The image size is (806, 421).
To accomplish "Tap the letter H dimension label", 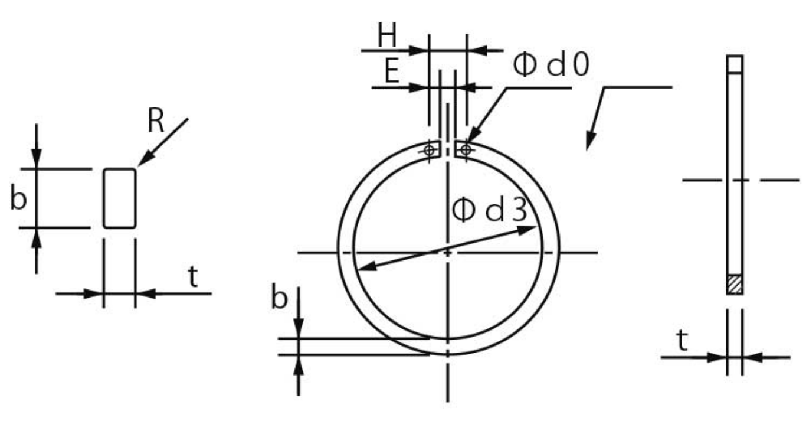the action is click(x=387, y=35).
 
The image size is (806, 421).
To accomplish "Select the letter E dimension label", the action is click(x=392, y=71).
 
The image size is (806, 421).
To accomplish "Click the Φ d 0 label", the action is click(x=551, y=64).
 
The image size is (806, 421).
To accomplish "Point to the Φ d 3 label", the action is click(x=490, y=210).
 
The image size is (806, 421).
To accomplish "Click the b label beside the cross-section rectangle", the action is click(x=18, y=197).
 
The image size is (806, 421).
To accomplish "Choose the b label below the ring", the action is click(x=279, y=297).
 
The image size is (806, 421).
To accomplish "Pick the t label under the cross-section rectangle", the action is click(x=193, y=276).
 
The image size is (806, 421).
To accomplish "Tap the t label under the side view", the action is click(x=683, y=340).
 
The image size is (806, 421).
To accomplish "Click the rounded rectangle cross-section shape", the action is click(x=120, y=198).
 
